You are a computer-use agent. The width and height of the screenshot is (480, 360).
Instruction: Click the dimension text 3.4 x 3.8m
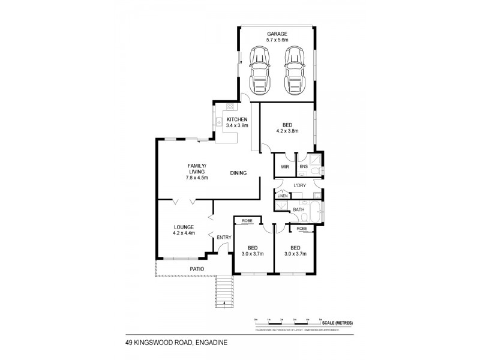(238, 125)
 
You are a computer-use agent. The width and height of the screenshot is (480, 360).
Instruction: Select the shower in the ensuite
(317, 158)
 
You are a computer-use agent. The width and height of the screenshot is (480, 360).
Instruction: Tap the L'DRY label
(300, 185)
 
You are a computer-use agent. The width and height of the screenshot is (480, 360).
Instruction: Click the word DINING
(238, 173)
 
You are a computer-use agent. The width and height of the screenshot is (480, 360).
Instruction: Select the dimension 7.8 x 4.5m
(197, 177)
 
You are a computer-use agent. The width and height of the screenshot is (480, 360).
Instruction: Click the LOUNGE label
(184, 227)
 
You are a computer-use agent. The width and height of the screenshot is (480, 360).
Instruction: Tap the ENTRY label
(224, 238)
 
